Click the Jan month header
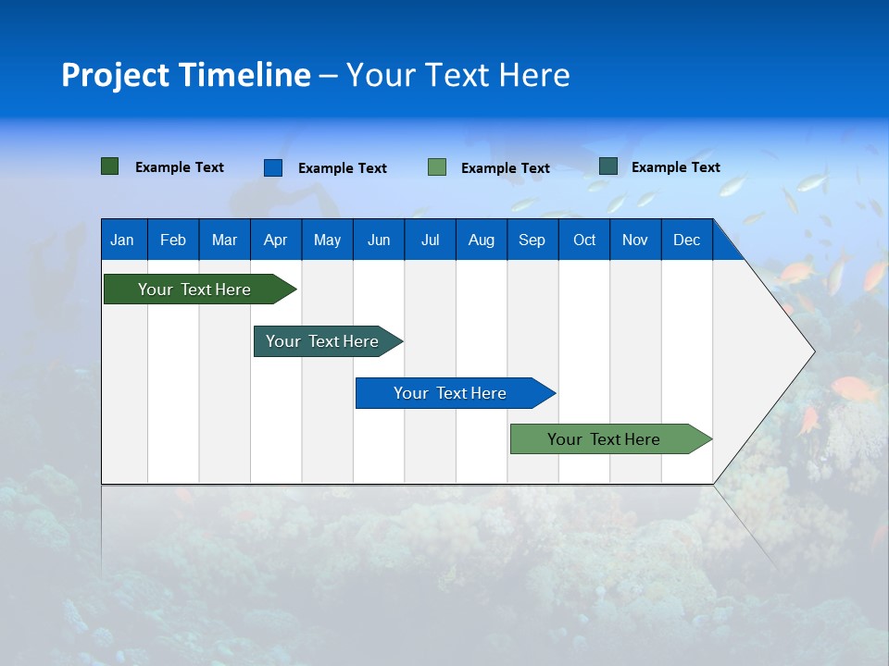tap(122, 240)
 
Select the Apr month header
tap(275, 240)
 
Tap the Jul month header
tap(430, 240)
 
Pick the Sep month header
tap(532, 240)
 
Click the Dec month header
tap(686, 240)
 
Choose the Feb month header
tap(173, 240)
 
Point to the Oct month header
tap(584, 240)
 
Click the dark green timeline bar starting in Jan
tap(194, 290)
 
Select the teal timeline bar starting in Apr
tap(322, 341)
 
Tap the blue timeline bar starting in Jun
tap(450, 393)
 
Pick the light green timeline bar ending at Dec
tap(604, 439)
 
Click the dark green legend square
tap(109, 166)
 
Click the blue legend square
tap(272, 167)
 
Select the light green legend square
tap(436, 167)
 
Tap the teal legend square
tap(607, 166)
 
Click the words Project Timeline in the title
tap(185, 75)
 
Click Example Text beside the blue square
tap(343, 168)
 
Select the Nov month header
tap(635, 240)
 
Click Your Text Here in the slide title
tap(458, 75)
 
